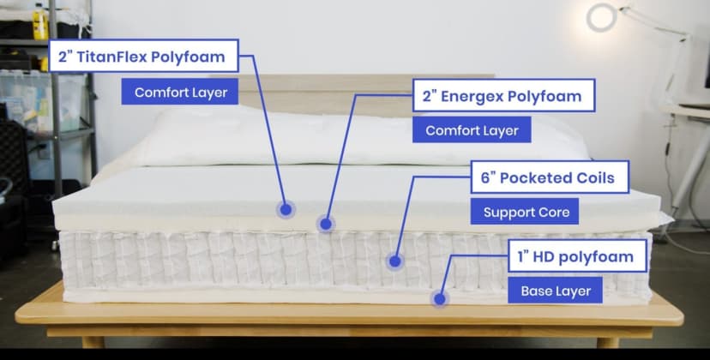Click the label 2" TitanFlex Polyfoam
(144, 58)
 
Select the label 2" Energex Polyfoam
(502, 96)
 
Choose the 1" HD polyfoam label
(575, 256)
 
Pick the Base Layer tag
(556, 291)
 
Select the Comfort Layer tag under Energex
(472, 131)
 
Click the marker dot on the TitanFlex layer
(285, 208)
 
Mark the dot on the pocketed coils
(394, 260)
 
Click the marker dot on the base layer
(440, 299)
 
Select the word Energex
(472, 96)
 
